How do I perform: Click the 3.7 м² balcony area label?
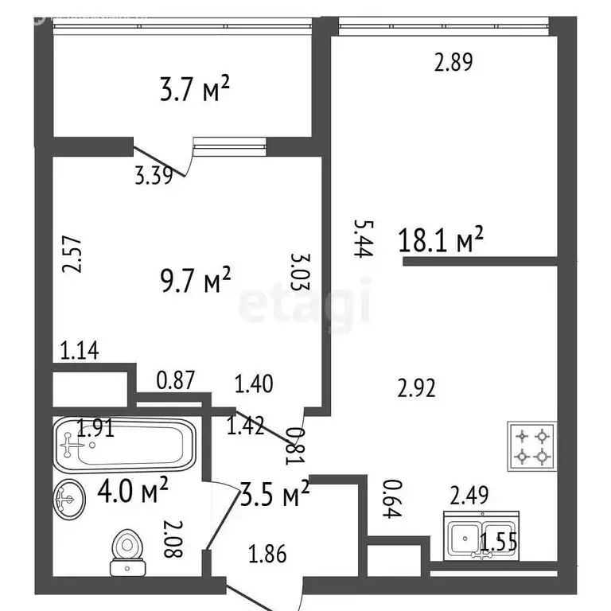point(195,89)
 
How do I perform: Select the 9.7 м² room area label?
point(196,279)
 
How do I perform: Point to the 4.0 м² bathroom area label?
point(133,489)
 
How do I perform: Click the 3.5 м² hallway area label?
point(275,493)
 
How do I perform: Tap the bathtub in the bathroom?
point(124,445)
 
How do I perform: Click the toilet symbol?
point(127,552)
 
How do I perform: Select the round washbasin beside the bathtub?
point(69,499)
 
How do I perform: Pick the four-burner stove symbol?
point(532,446)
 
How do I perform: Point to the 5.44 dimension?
point(364,239)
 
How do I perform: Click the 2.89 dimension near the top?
point(453,62)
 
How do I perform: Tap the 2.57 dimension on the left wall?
point(72,254)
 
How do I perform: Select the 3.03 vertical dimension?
point(301,272)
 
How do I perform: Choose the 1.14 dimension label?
point(80,350)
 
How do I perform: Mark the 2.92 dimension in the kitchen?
point(416,388)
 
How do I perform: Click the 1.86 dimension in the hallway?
point(267,554)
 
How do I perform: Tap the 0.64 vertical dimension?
point(392,499)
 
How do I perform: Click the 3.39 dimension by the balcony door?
point(154,175)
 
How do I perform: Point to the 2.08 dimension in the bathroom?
point(173,539)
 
